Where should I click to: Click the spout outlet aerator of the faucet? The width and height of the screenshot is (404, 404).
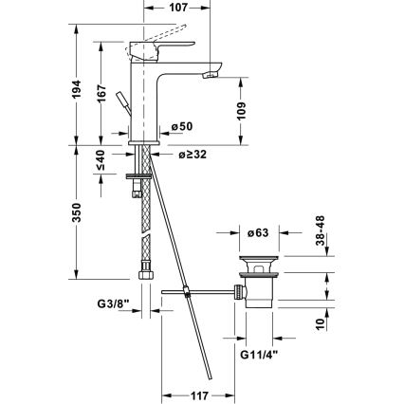(213, 71)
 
